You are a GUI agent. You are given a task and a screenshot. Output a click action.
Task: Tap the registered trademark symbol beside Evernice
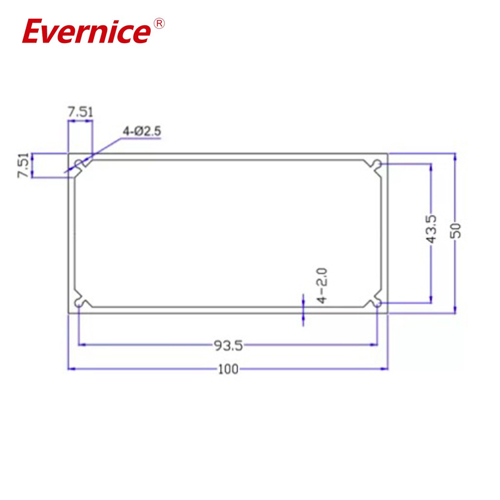pyautogui.click(x=159, y=24)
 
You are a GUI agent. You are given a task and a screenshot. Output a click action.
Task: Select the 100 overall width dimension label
pyautogui.click(x=228, y=369)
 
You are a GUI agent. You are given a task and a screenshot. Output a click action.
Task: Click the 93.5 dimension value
pyautogui.click(x=228, y=344)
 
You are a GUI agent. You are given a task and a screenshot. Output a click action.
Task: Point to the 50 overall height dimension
pyautogui.click(x=456, y=231)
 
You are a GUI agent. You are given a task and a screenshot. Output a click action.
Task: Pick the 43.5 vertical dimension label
pyautogui.click(x=431, y=231)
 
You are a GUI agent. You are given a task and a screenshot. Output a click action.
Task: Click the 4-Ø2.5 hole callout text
pyautogui.click(x=142, y=131)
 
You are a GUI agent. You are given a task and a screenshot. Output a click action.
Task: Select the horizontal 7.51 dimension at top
pyautogui.click(x=81, y=112)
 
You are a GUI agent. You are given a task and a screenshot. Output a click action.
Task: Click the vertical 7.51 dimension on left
pyautogui.click(x=23, y=166)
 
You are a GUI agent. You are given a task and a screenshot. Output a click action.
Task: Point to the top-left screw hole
pyautogui.click(x=79, y=164)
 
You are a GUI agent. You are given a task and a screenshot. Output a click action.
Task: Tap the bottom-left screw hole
pyautogui.click(x=79, y=302)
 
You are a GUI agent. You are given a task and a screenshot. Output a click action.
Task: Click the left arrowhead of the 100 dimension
pyautogui.click(x=71, y=369)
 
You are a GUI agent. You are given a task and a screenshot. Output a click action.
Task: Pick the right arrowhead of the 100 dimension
pyautogui.click(x=385, y=369)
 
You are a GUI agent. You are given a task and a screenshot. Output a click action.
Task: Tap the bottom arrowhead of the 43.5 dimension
pyautogui.click(x=431, y=299)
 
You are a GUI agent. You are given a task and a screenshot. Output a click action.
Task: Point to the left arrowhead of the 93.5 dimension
pyautogui.click(x=81, y=344)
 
